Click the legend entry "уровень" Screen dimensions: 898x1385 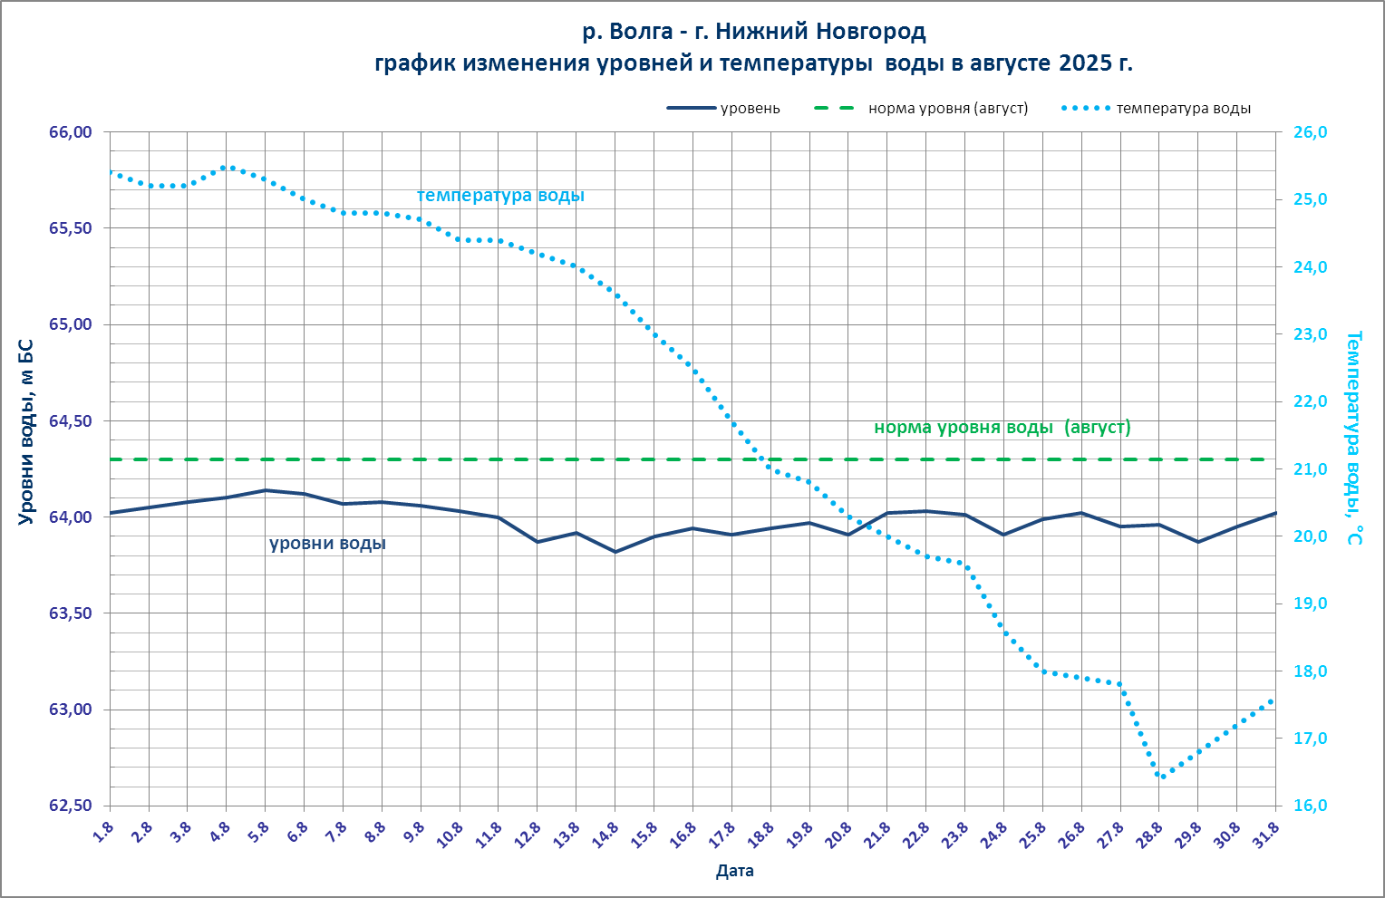click(x=749, y=109)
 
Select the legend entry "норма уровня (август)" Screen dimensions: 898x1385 click(x=947, y=109)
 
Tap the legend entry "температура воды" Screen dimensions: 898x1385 click(x=1183, y=109)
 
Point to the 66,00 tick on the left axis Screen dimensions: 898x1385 click(x=70, y=132)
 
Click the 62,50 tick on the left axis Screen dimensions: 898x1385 click(x=70, y=806)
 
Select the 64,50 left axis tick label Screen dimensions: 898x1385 click(x=70, y=420)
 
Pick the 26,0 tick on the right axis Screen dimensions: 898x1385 click(x=1309, y=132)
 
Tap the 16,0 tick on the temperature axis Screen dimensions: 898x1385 click(x=1309, y=806)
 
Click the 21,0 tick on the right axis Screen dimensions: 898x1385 click(x=1309, y=468)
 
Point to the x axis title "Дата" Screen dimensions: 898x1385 click(x=734, y=872)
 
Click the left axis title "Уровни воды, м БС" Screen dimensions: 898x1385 click(x=25, y=431)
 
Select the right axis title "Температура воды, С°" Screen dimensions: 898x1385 click(x=1352, y=438)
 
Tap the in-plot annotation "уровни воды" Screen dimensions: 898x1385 click(x=327, y=544)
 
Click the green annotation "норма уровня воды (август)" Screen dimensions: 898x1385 click(x=1002, y=428)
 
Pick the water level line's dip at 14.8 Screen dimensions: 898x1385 click(x=615, y=552)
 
